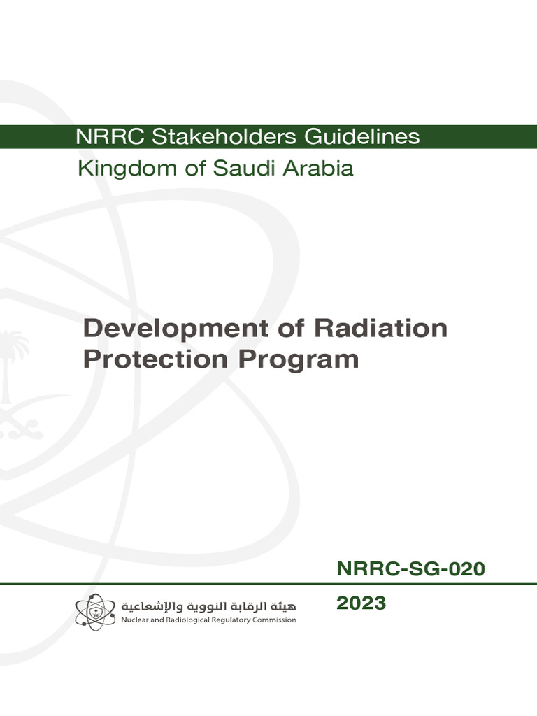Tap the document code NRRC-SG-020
tap(410, 570)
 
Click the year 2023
tap(361, 603)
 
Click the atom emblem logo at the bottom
tap(95, 610)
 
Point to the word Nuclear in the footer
tap(136, 620)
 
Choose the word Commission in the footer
tap(278, 620)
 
